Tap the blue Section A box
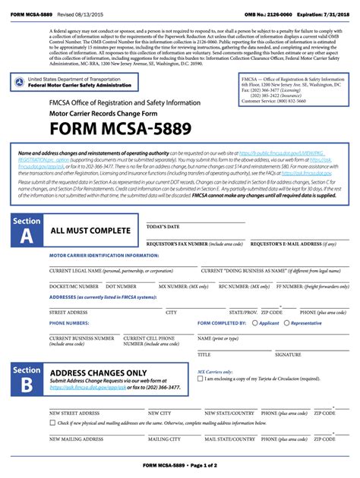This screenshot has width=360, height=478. click(x=27, y=230)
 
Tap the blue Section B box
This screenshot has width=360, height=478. click(x=27, y=379)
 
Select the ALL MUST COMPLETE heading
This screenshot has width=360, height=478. click(x=90, y=231)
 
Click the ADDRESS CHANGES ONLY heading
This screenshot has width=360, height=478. click(x=98, y=373)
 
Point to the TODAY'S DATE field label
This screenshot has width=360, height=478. click(x=163, y=227)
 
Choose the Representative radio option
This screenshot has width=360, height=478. click(x=288, y=323)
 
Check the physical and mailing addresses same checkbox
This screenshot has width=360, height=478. click(x=52, y=423)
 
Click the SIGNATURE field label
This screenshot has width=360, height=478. click(x=288, y=354)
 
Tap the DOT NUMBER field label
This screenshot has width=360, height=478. click(x=121, y=287)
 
